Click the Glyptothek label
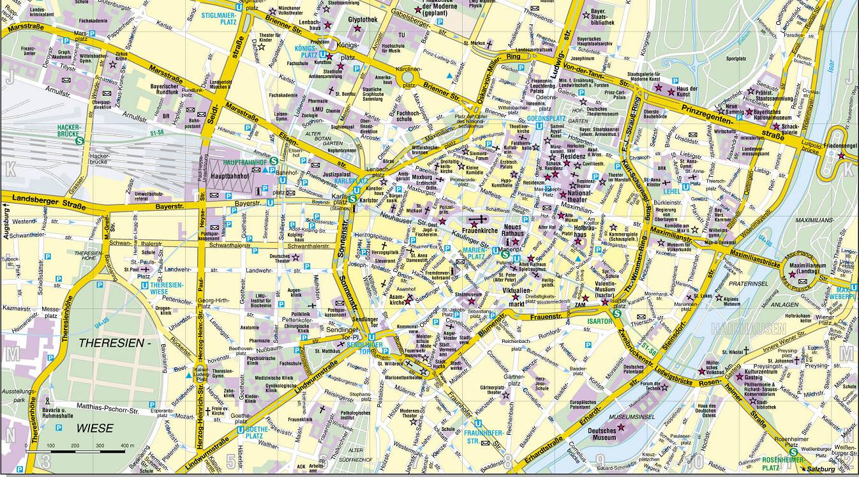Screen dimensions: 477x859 pyautogui.click(x=362, y=20)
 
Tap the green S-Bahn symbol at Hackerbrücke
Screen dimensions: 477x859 pyautogui.click(x=79, y=141)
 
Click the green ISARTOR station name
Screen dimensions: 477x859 pyautogui.click(x=601, y=321)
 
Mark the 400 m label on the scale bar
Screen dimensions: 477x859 pyautogui.click(x=126, y=445)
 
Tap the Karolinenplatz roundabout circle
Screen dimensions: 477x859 pyautogui.click(x=408, y=78)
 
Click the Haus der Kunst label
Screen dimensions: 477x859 pyautogui.click(x=687, y=92)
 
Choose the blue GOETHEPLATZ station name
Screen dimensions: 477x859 pyautogui.click(x=255, y=434)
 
